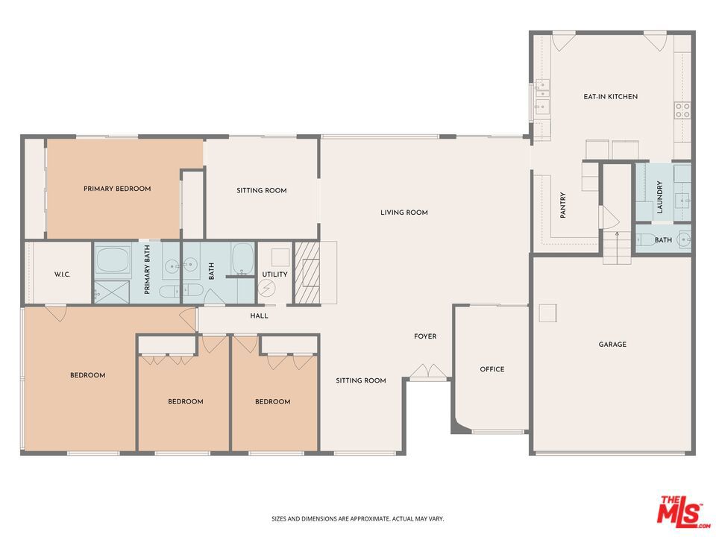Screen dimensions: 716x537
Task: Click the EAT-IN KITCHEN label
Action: click(x=611, y=97)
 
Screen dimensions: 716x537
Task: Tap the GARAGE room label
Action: click(x=612, y=345)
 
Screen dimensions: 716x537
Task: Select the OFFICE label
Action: click(x=492, y=369)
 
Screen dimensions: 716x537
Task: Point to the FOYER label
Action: click(x=425, y=336)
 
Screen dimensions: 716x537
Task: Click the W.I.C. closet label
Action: click(x=62, y=274)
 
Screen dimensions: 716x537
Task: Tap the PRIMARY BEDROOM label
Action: click(x=117, y=189)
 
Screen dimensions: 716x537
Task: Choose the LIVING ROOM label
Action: click(x=404, y=213)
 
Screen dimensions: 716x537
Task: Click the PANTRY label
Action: click(x=562, y=205)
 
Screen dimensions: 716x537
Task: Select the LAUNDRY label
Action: click(x=659, y=197)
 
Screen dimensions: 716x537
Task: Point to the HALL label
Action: click(x=259, y=316)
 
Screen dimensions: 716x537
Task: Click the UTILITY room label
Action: click(x=274, y=274)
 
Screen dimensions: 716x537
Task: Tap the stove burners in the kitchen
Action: click(x=682, y=110)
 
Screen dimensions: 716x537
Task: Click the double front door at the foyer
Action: click(x=428, y=371)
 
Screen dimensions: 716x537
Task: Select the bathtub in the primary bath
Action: click(x=113, y=260)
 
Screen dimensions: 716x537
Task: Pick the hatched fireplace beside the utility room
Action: click(x=307, y=273)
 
